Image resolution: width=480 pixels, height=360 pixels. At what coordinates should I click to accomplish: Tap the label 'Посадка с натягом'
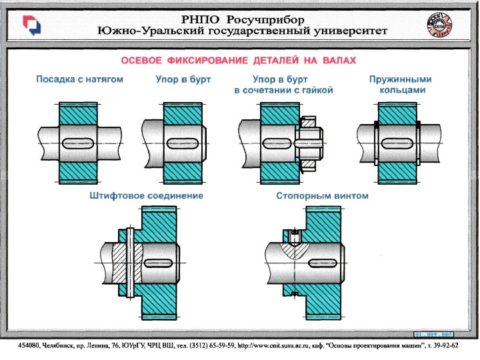pyautogui.click(x=79, y=79)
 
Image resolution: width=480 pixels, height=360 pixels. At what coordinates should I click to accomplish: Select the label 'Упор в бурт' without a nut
pyautogui.click(x=179, y=79)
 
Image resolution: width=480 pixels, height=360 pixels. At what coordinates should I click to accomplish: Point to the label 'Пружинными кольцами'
pyautogui.click(x=400, y=84)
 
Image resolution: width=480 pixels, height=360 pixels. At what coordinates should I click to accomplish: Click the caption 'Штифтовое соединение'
pyautogui.click(x=146, y=196)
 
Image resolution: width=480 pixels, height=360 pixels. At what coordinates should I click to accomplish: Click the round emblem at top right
pyautogui.click(x=437, y=25)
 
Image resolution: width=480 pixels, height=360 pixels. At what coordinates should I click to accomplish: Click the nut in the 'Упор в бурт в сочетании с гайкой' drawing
pyautogui.click(x=309, y=141)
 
